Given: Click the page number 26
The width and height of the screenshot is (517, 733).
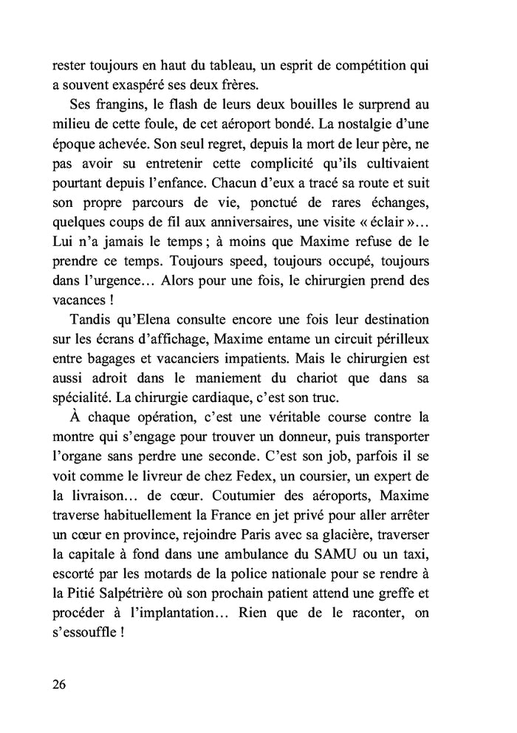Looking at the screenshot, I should tap(59, 683).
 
